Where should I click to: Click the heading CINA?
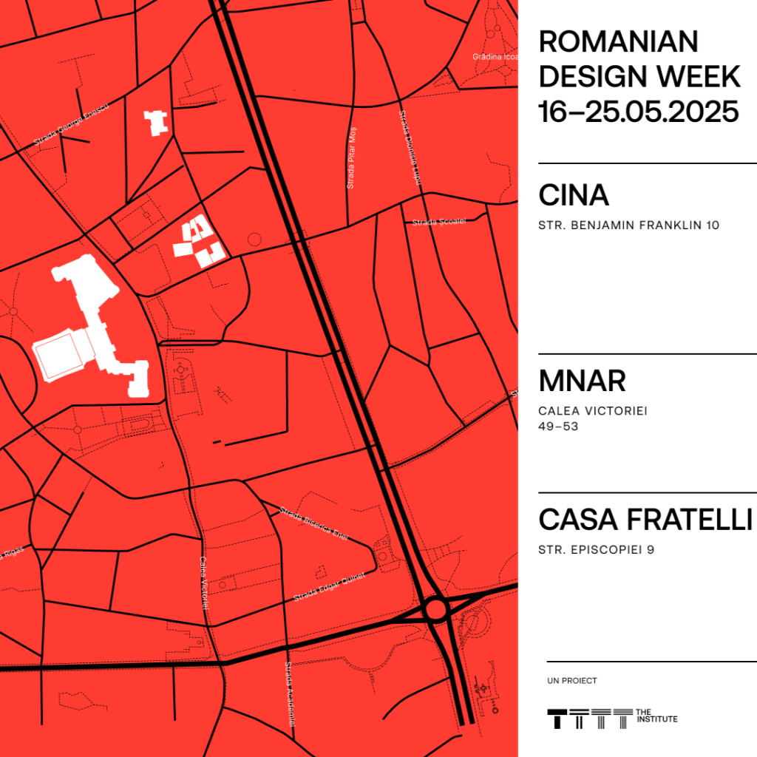pos(574,195)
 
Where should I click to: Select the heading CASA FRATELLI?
pos(645,519)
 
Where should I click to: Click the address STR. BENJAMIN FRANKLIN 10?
pos(628,225)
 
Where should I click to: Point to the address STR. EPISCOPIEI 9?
pos(597,549)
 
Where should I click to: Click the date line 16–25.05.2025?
pos(639,112)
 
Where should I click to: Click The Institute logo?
pos(611,716)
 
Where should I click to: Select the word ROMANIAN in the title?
pos(618,42)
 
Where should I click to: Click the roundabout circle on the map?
pos(435,609)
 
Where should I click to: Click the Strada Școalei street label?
pos(429,222)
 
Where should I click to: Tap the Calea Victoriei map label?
pos(204,583)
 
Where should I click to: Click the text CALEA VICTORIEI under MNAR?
pos(593,411)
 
